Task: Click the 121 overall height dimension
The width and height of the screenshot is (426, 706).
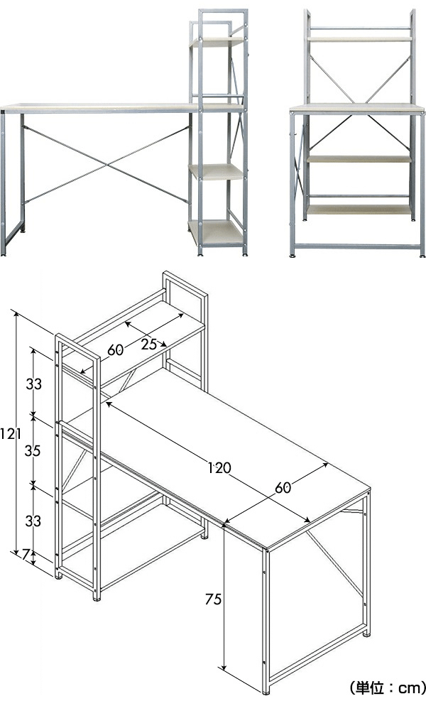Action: pyautogui.click(x=10, y=434)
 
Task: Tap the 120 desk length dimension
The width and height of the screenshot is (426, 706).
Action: pyautogui.click(x=219, y=468)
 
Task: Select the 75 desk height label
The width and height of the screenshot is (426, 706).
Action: pyautogui.click(x=213, y=599)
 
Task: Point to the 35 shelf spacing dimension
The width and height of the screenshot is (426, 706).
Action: pyautogui.click(x=33, y=450)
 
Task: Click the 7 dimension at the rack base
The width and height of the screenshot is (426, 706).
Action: pyautogui.click(x=26, y=554)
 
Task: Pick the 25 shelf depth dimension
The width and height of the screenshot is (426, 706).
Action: pyautogui.click(x=148, y=344)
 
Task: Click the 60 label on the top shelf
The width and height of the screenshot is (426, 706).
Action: pyautogui.click(x=116, y=350)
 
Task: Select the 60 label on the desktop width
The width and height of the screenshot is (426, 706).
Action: pyautogui.click(x=283, y=487)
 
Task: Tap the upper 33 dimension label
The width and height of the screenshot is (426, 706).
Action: pyautogui.click(x=33, y=384)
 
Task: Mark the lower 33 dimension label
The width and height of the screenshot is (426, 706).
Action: pyautogui.click(x=33, y=521)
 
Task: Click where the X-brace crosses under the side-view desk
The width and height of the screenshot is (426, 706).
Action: pyautogui.click(x=106, y=165)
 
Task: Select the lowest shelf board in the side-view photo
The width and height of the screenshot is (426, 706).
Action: pyautogui.click(x=217, y=232)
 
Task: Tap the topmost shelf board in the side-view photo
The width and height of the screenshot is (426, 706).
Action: pyautogui.click(x=217, y=42)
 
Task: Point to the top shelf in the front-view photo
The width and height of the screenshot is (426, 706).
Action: pyautogui.click(x=359, y=39)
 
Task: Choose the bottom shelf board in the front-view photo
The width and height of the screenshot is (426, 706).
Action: pyautogui.click(x=359, y=210)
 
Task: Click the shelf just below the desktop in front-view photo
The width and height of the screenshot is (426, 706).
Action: pyautogui.click(x=359, y=159)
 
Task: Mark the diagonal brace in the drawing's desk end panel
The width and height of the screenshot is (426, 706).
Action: pyautogui.click(x=334, y=563)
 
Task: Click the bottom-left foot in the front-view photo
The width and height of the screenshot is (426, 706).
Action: pyautogui.click(x=293, y=256)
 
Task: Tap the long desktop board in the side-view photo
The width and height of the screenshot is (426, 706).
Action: pyautogui.click(x=99, y=108)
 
